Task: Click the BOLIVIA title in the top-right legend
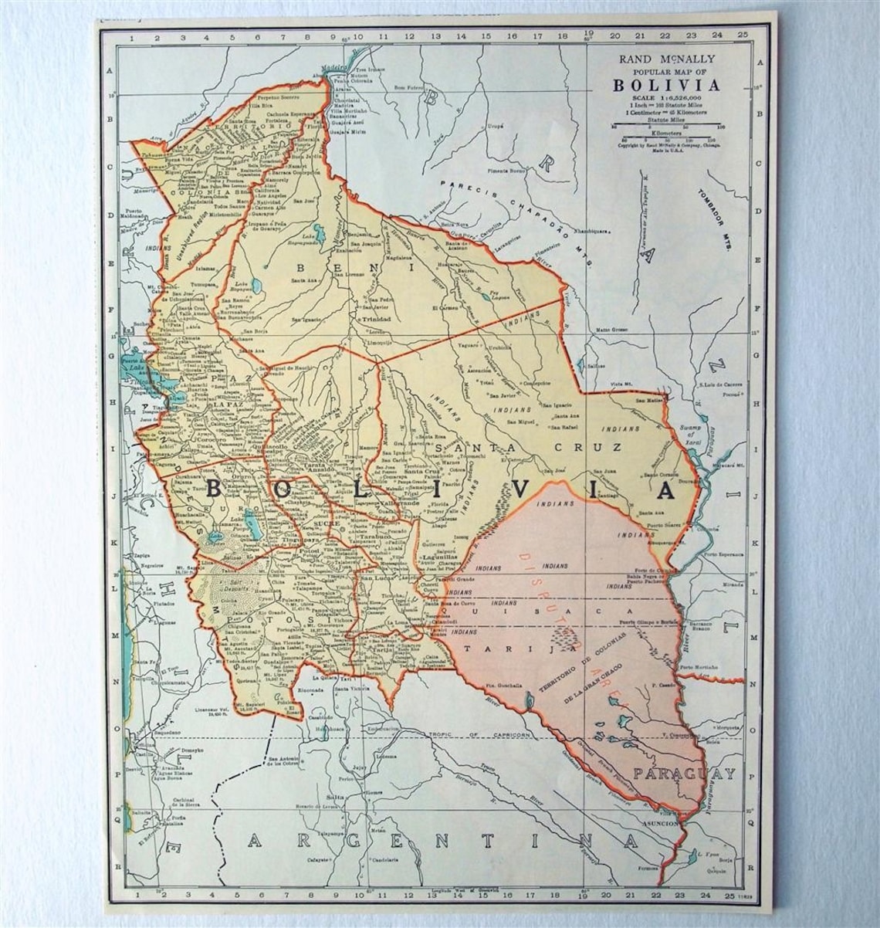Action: pos(666,85)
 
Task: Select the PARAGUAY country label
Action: pos(684,773)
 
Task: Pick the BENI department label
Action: pos(354,267)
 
